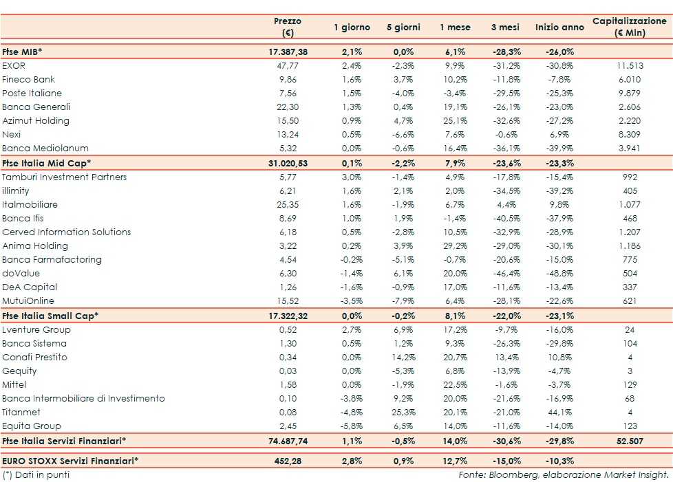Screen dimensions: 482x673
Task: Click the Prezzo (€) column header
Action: (x=287, y=27)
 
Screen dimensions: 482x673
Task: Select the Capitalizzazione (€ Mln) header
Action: (x=630, y=27)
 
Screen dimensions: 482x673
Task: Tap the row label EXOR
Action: (x=13, y=65)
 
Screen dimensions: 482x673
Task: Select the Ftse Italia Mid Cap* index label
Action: (x=47, y=163)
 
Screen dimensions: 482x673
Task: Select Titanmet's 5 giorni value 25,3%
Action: (x=403, y=412)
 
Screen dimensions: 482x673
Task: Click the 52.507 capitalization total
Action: (x=630, y=441)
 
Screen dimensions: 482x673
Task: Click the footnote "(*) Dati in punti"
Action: (x=36, y=474)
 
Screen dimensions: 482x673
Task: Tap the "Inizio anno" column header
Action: (x=559, y=27)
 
